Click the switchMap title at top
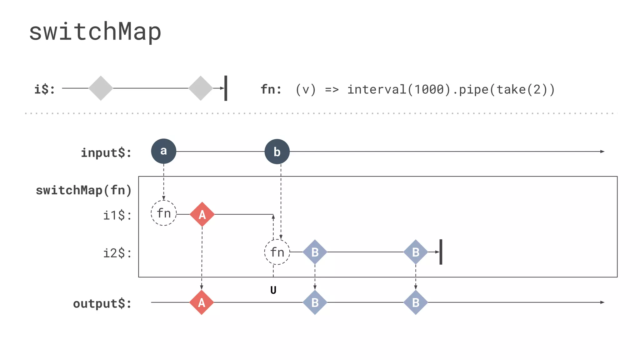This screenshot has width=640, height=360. point(95,32)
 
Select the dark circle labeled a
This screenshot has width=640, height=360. point(163,151)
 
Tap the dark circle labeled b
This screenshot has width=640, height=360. point(277,152)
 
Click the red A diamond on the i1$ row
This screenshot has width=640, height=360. point(202,214)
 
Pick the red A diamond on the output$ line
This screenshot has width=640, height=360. point(202,302)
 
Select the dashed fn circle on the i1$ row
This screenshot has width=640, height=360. point(163,213)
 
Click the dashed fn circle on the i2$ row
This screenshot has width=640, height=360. point(277,252)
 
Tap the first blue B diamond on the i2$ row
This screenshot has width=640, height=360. point(315,252)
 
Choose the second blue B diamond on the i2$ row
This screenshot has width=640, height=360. point(416,252)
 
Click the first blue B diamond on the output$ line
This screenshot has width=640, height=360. point(315,302)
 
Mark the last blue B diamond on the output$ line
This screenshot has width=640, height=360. point(416,302)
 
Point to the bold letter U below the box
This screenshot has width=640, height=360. point(273,290)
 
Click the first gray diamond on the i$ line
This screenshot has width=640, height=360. point(101,88)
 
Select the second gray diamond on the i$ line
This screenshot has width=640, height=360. point(201,88)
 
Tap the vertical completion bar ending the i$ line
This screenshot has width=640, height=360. point(226,88)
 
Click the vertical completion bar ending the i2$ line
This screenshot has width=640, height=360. point(441,252)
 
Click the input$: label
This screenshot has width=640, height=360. point(106,153)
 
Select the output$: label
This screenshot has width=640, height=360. point(102,303)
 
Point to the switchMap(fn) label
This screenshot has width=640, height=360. point(84,190)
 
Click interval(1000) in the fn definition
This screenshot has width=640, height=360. point(399,90)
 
